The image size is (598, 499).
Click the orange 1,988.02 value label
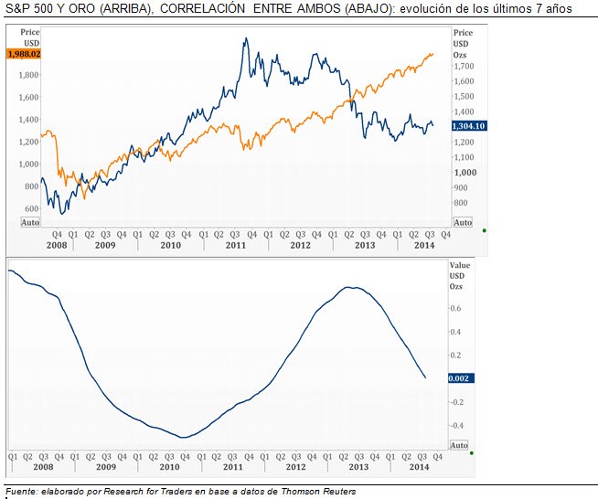pos(23,54)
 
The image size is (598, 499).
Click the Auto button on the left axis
pos(29,223)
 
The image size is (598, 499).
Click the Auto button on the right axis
pos(463,222)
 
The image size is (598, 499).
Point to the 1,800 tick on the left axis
pos(28,75)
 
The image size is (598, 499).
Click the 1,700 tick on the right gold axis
pos(464,67)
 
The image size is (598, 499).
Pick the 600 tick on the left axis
pos(31,208)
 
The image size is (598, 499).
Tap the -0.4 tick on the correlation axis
pos(456,425)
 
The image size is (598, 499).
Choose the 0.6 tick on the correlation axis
pos(454,308)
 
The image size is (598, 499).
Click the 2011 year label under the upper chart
pos(235,246)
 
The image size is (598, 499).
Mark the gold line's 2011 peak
pos(247,38)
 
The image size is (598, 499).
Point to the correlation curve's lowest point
pos(184,438)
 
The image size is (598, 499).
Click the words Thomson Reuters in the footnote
pos(319,492)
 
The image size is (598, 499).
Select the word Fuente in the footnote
pos(21,492)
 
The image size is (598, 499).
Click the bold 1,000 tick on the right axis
pos(465,172)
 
